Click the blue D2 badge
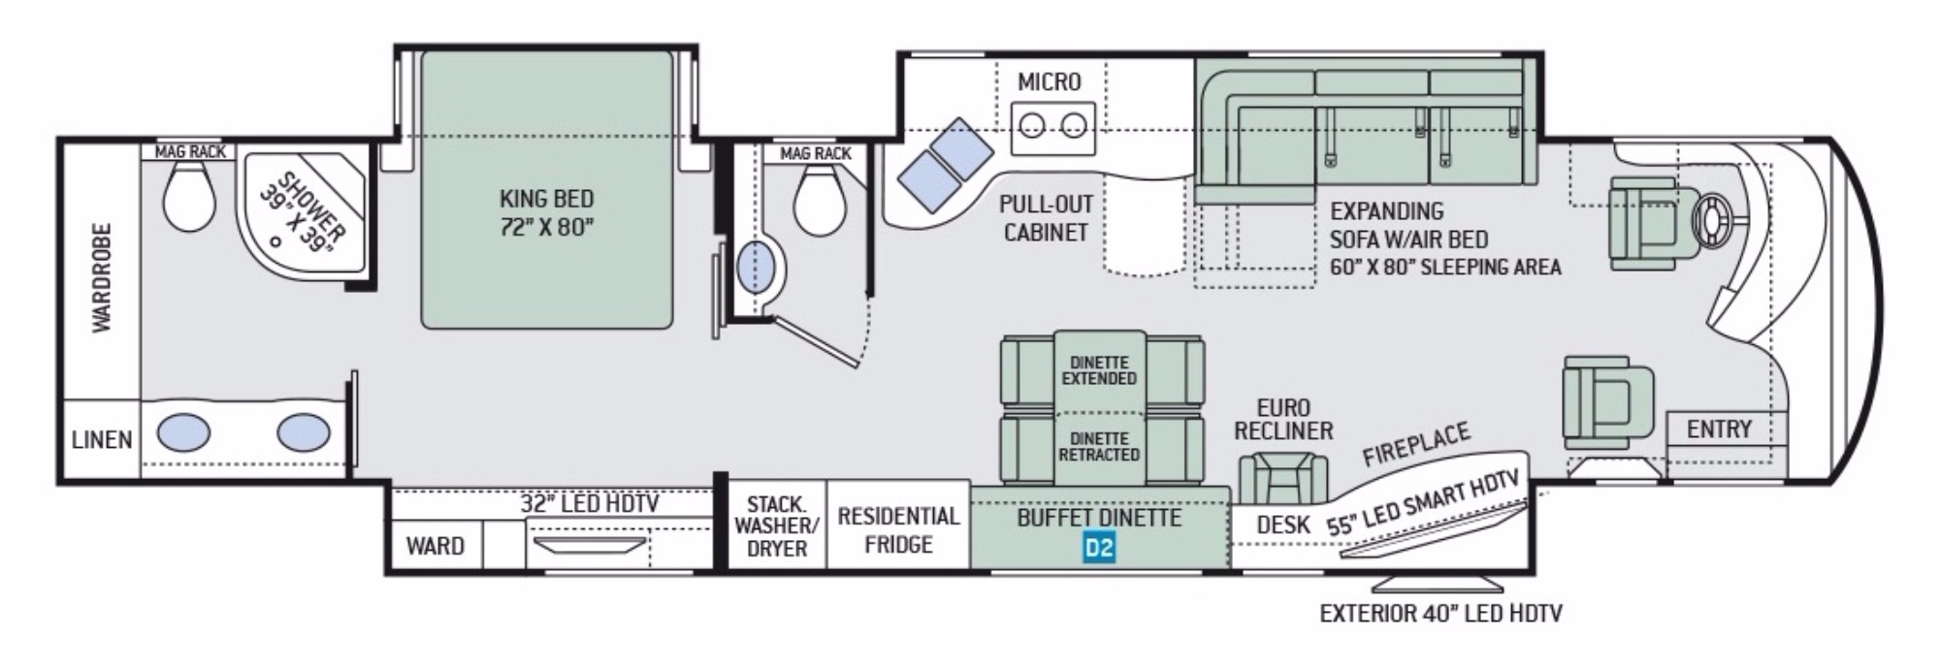(x=1099, y=549)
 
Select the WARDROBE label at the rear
(x=102, y=278)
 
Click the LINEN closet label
(x=102, y=440)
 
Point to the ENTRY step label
(x=1719, y=429)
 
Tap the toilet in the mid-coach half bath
(x=820, y=201)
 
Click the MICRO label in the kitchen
(x=1049, y=82)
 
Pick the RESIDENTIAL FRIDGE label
(x=898, y=530)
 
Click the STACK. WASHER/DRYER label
(x=777, y=526)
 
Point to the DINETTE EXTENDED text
(x=1099, y=371)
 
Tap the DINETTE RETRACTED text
(x=1099, y=447)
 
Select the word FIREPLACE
(x=1417, y=444)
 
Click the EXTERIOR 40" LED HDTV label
(x=1441, y=613)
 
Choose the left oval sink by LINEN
(x=183, y=431)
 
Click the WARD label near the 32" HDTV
(x=435, y=546)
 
